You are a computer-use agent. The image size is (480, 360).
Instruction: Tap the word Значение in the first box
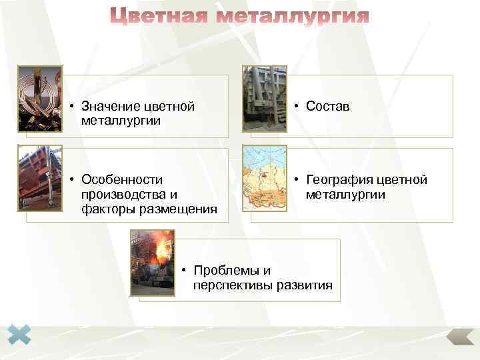(108, 106)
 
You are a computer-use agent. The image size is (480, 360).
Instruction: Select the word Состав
(327, 106)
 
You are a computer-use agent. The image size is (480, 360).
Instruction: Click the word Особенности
(121, 180)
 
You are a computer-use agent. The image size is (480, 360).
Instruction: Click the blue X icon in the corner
(19, 335)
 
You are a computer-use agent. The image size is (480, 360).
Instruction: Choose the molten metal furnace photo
(152, 262)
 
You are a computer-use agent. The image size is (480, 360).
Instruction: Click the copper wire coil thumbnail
(39, 98)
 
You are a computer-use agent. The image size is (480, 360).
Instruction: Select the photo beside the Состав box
(265, 98)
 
